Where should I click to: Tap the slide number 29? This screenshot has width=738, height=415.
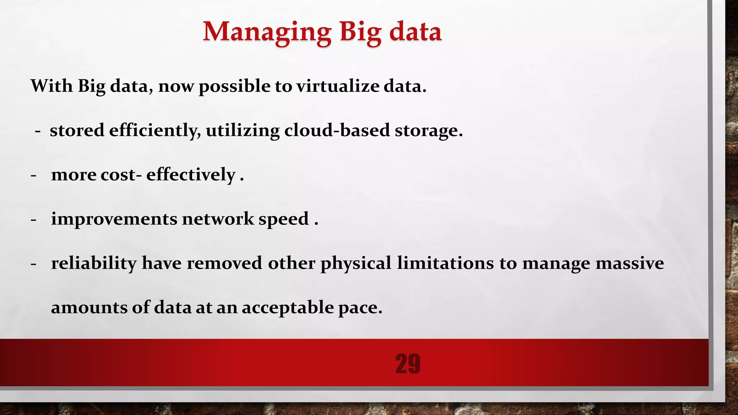408,363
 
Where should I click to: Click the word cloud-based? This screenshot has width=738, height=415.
337,130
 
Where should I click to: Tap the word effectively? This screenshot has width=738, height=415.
191,175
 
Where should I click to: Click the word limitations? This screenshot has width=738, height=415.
445,263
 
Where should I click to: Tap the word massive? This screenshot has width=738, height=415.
630,263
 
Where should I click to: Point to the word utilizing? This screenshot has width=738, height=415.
243,130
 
